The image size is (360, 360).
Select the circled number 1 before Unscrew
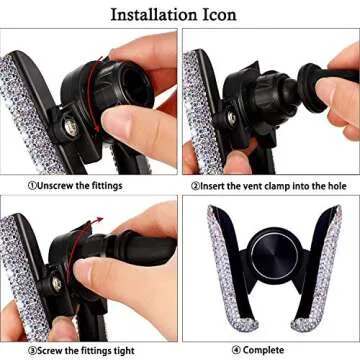click(x=32, y=185)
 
